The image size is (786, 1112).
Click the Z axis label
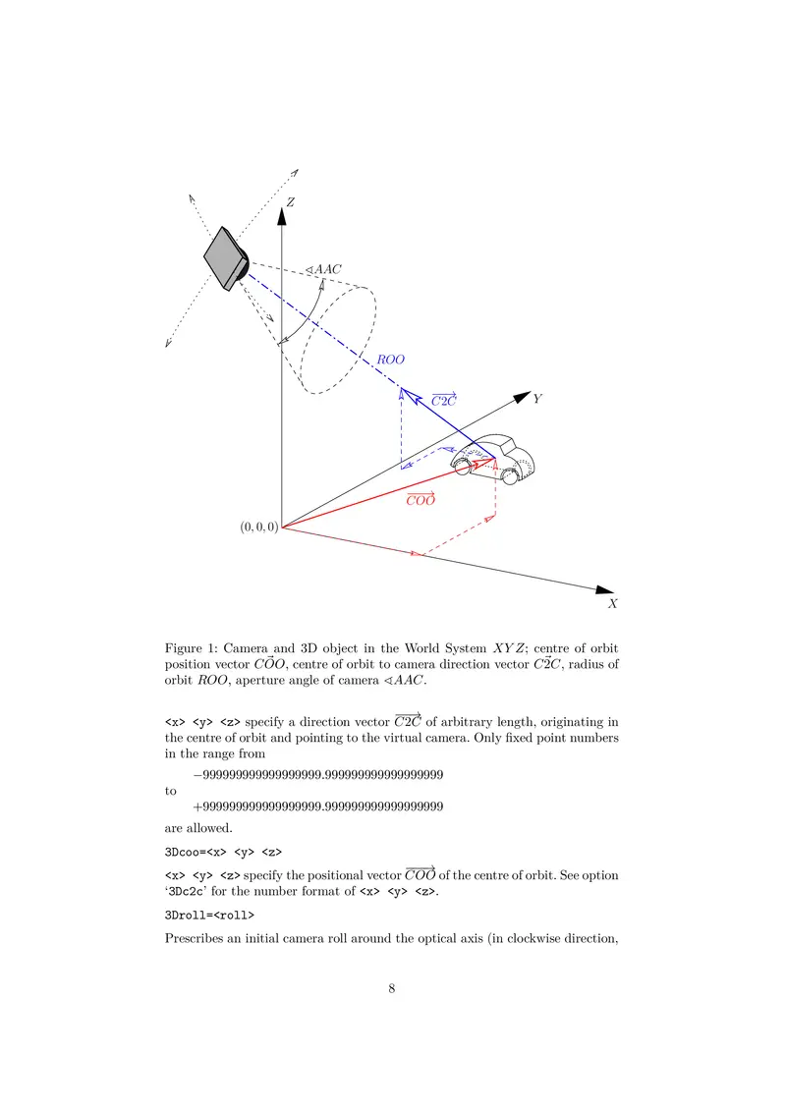(290, 202)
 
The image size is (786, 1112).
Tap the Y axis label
(537, 399)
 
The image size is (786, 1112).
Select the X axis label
(612, 603)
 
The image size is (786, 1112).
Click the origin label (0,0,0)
(259, 527)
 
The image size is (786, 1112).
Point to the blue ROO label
(390, 360)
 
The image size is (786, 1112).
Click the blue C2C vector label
(444, 400)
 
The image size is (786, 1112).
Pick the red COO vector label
(421, 499)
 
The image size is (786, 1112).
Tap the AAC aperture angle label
(323, 269)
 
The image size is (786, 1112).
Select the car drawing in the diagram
(493, 460)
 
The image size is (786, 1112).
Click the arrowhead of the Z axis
(282, 215)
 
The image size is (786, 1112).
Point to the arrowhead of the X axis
(604, 589)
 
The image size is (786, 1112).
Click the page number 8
(392, 988)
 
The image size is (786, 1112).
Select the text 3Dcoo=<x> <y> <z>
(223, 852)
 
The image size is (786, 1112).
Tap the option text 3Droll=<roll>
(209, 915)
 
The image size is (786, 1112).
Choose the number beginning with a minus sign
(318, 774)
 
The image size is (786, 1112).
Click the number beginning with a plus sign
(318, 806)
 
